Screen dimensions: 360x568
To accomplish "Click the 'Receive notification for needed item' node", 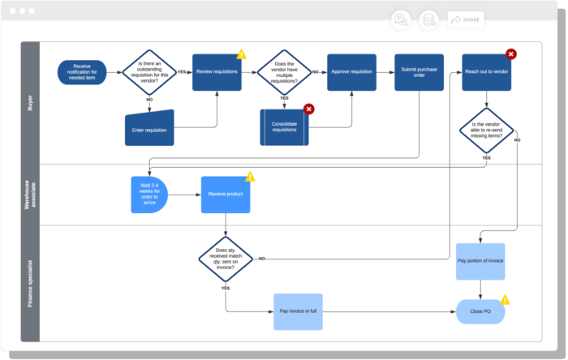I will coord(82,72).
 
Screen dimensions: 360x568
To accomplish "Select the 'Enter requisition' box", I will coord(150,128).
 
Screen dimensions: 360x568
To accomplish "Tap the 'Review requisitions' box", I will coord(217,72).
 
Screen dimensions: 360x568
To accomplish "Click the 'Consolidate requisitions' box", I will coord(285,127).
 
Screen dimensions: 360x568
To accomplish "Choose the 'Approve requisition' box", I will coord(352,72).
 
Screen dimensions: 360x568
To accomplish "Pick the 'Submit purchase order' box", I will coord(419,72).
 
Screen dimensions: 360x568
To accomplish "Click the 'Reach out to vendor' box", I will coord(486,72).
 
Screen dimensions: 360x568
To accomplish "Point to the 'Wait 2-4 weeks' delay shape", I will coord(148,195).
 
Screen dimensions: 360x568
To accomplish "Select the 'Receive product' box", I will coord(225,195).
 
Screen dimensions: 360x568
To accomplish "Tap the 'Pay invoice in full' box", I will coord(298,311).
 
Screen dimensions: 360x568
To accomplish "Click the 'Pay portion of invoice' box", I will coord(480,262).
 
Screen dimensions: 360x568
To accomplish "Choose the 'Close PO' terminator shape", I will coord(480,311).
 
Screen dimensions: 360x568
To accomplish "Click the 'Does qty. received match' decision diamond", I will coord(226,259).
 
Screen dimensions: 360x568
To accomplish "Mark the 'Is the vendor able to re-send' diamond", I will coord(486,132).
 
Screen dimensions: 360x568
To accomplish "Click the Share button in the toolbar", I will coord(466,19).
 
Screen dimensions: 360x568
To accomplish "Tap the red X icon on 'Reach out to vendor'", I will coord(511,54).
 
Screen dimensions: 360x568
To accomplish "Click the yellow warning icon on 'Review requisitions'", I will coord(241,54).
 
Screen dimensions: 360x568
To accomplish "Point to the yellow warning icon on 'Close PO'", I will coord(505,300).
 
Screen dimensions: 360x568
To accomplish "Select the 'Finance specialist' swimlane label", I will coord(30,284).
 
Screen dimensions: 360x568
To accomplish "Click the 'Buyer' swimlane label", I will coord(30,102).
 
